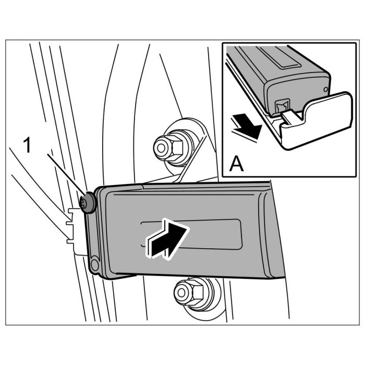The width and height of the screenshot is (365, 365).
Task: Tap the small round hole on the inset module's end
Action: [325, 90]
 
